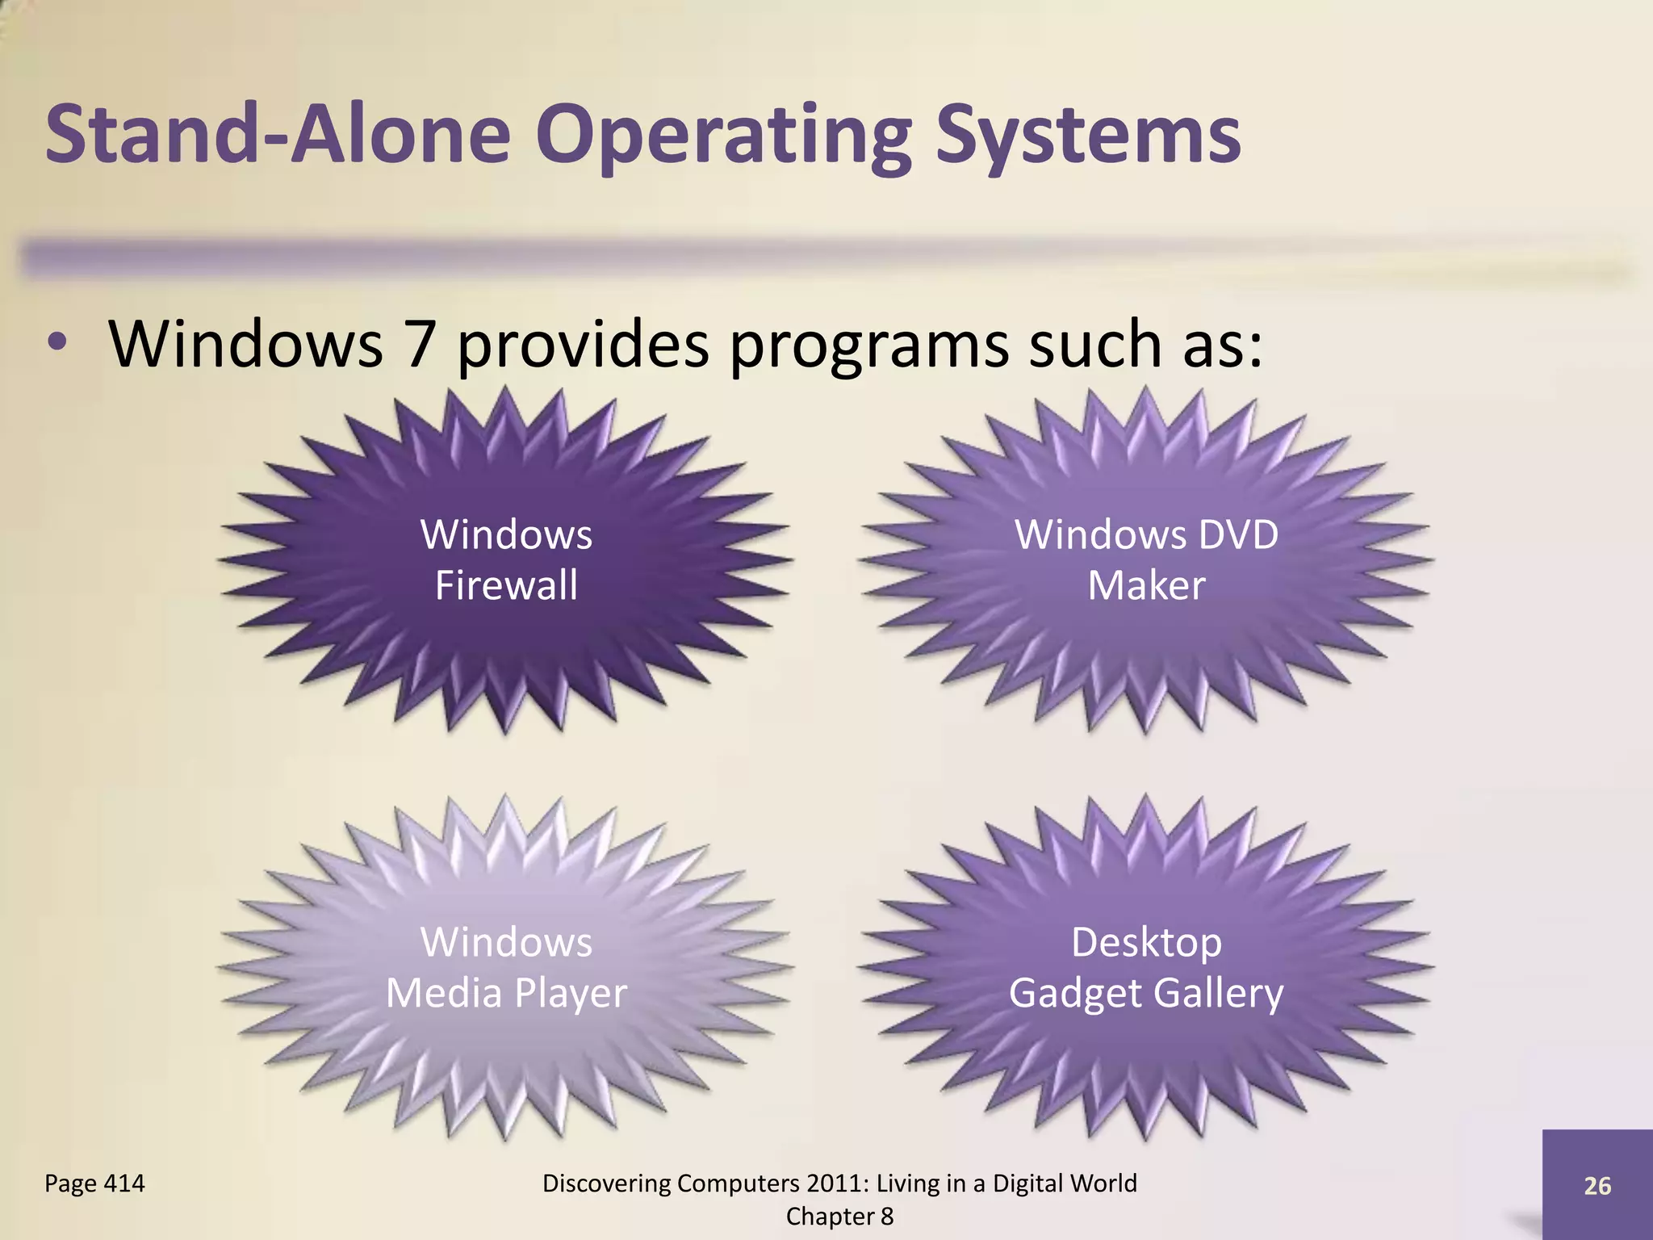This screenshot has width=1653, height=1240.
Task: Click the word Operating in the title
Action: coord(723,135)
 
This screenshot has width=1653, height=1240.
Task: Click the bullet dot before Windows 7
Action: coord(56,342)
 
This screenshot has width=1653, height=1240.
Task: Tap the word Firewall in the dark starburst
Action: coord(506,585)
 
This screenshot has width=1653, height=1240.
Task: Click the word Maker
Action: coord(1146,585)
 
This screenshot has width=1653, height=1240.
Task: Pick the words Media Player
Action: coord(506,993)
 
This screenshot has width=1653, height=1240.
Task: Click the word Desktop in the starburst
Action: coord(1146,943)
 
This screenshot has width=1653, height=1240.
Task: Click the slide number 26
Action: coord(1597,1185)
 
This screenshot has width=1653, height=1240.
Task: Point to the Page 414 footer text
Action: coord(94,1183)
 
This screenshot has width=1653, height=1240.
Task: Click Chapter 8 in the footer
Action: coord(839,1216)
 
